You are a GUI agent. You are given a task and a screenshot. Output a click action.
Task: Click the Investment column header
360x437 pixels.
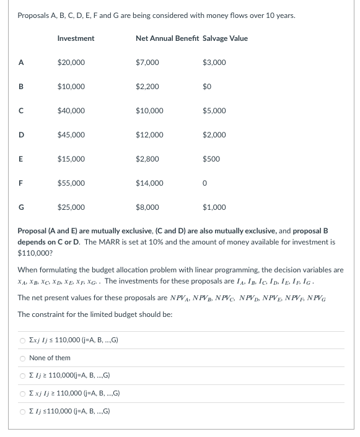click(76, 38)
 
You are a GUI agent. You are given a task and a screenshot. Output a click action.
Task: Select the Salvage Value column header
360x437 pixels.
click(225, 38)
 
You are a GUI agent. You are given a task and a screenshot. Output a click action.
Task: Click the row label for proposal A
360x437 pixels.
click(21, 63)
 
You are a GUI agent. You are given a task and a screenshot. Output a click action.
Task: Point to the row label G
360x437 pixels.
click(21, 207)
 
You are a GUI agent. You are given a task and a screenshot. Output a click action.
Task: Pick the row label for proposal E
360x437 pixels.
click(21, 159)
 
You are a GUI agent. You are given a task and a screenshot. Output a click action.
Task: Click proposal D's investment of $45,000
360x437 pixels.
click(71, 135)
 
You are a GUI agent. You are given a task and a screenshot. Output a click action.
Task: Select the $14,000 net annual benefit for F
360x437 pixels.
click(149, 183)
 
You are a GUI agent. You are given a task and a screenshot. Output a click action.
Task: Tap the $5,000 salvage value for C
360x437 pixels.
click(214, 111)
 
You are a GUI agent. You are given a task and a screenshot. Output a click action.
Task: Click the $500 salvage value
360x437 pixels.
click(211, 159)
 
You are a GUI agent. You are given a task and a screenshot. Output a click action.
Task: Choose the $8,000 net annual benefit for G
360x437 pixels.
click(147, 207)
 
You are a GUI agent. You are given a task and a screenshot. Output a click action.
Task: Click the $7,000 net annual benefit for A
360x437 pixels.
click(147, 63)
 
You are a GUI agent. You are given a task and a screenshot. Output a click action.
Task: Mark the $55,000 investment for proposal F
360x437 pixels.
click(71, 183)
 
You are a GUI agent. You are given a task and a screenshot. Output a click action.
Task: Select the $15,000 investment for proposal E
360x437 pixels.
click(71, 159)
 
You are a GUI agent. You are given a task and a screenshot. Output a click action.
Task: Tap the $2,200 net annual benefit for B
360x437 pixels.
click(147, 87)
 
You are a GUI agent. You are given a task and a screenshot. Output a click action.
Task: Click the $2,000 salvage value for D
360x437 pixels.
click(214, 135)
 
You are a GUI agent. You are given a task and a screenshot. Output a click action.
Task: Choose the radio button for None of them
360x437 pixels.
click(22, 358)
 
